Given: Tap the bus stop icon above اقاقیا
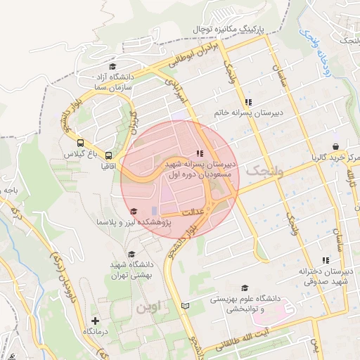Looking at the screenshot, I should coord(109,155).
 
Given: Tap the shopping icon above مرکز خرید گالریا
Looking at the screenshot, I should coord(335,146).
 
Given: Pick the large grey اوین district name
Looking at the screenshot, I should coord(148,307).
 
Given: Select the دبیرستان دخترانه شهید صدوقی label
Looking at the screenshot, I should coord(325,276).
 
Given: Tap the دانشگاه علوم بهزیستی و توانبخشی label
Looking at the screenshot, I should coord(245,304).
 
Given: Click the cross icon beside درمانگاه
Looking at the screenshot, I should coord(96,321).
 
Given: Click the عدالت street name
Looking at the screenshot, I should coord(193,211).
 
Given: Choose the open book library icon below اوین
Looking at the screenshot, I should coord(186,307).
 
